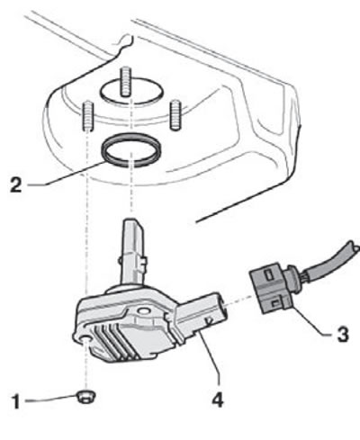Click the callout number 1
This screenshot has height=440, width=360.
point(16,402)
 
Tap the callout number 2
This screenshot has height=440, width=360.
point(16,184)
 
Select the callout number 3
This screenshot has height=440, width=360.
point(343,334)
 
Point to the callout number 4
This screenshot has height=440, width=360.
point(218,400)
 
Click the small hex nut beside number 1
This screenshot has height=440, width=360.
point(86,398)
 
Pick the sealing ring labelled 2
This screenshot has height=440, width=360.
point(131,149)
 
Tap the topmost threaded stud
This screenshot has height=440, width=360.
point(125,82)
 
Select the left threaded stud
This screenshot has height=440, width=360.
point(87,116)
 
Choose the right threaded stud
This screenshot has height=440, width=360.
point(175,115)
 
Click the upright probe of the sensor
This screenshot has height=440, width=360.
point(132,253)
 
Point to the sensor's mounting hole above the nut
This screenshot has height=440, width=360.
point(85,339)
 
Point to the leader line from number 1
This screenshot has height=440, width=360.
point(50,399)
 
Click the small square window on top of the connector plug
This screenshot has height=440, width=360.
point(269,275)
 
